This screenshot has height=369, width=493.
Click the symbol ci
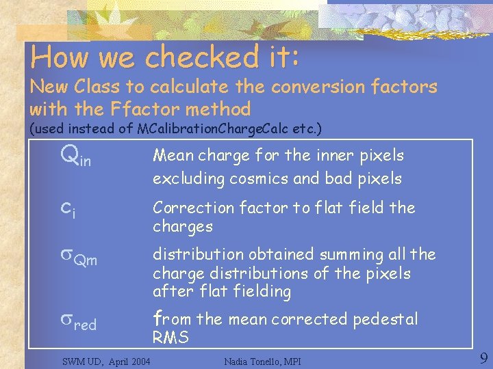pos(68,209)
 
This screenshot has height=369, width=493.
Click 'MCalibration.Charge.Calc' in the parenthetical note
pos(229,128)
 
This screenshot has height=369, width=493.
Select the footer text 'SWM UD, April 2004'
pos(106,359)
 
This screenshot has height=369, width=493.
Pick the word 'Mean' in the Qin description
pos(173,156)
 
